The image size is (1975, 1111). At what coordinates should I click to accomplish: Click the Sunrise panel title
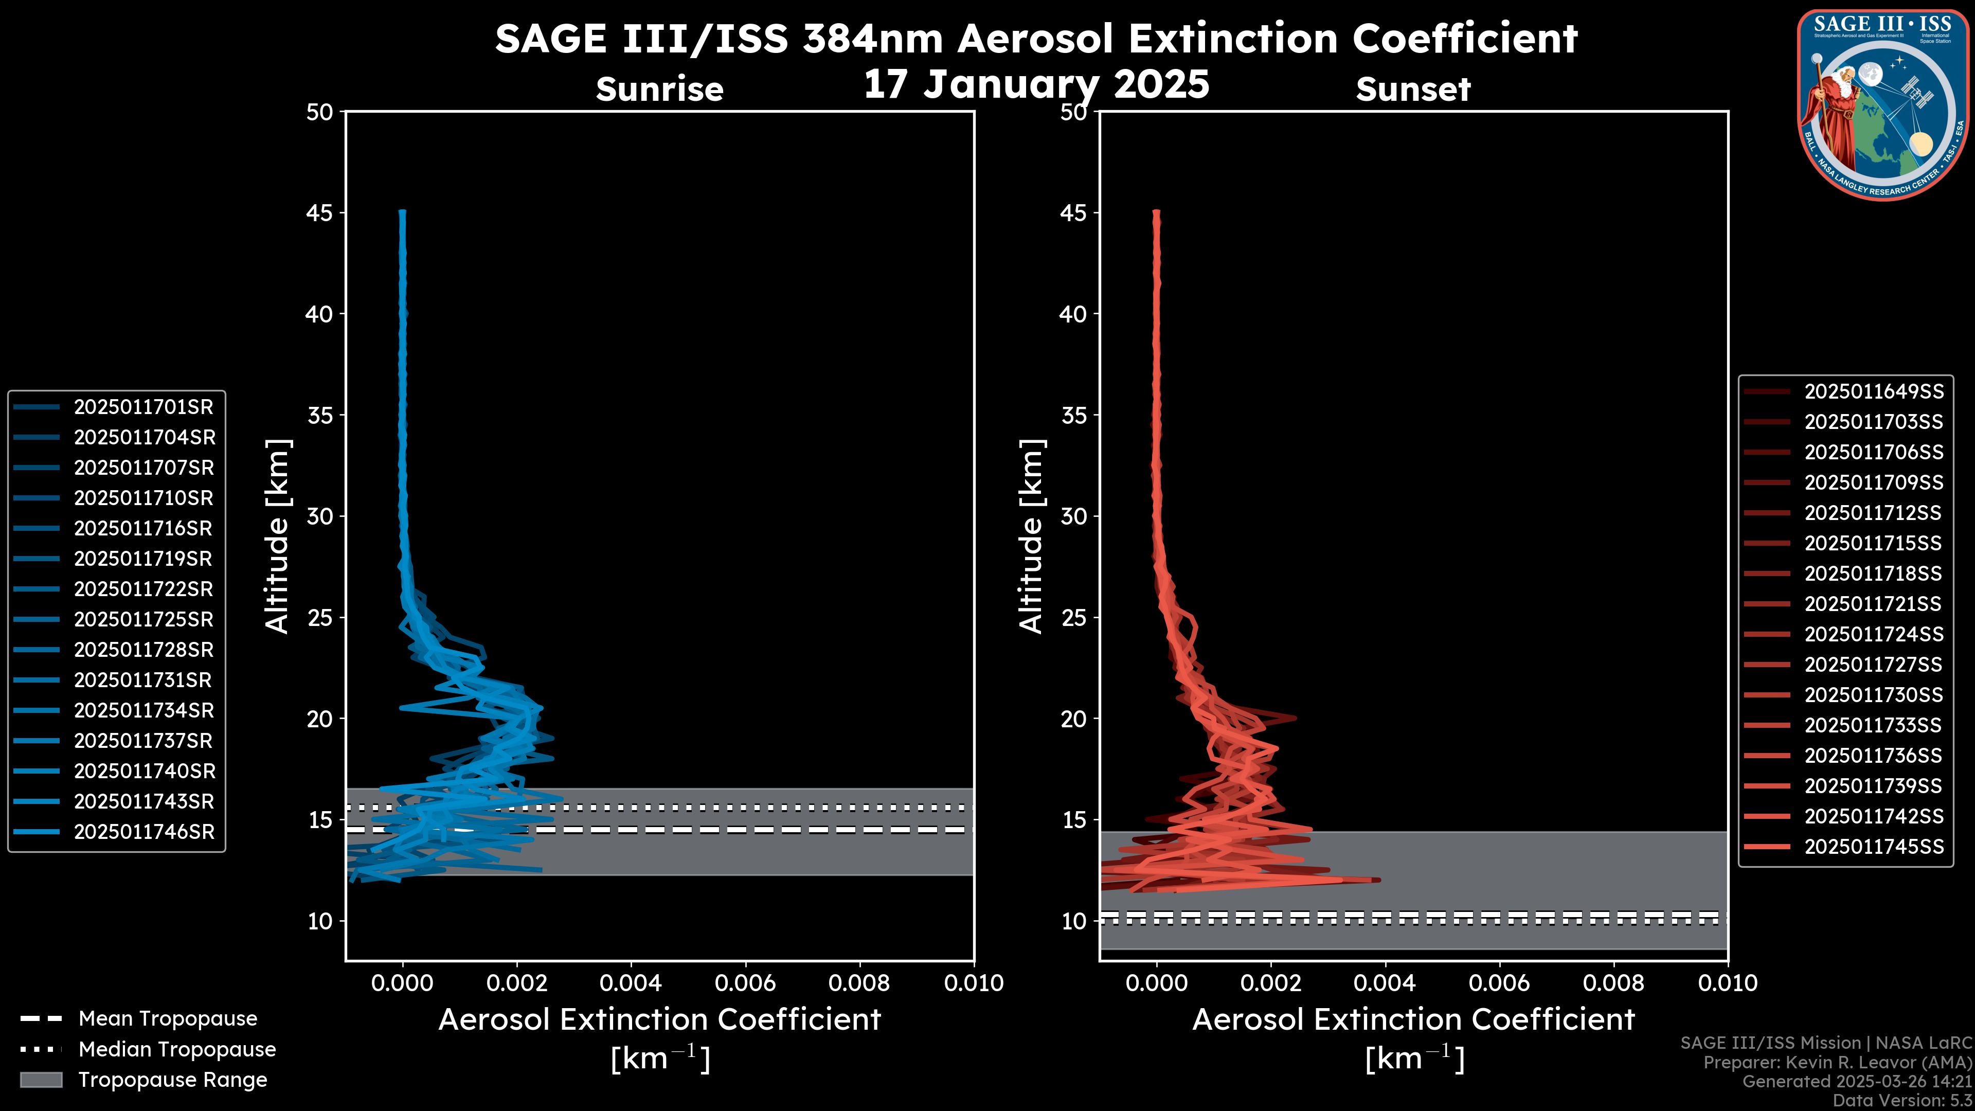(659, 89)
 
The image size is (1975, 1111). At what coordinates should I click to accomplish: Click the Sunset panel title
(1413, 89)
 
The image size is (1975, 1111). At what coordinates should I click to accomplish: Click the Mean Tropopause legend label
(168, 1019)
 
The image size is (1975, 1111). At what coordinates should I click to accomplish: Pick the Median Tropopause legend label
(177, 1050)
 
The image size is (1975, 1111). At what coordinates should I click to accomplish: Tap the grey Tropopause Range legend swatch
(41, 1080)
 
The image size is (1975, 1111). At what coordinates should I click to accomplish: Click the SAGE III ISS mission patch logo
(1886, 104)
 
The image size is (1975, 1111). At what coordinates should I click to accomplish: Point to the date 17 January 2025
(1036, 84)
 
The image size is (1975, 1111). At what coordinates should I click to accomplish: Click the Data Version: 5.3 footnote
(1901, 1100)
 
